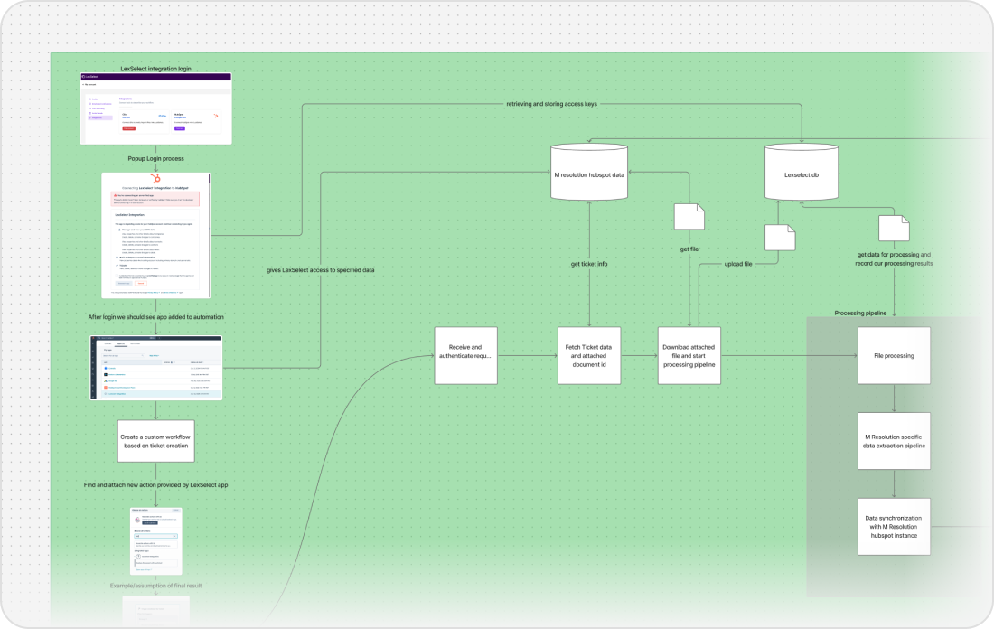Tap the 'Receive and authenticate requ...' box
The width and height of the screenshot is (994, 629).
point(466,355)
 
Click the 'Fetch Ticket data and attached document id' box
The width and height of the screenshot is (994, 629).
point(589,355)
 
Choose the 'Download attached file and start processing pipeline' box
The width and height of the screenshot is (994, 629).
point(689,355)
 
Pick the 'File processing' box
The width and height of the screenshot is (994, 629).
point(894,355)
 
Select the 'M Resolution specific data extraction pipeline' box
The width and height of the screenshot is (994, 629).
point(894,440)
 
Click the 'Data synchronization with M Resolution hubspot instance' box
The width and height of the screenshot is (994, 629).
point(894,525)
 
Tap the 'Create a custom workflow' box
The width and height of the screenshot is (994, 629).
point(156,442)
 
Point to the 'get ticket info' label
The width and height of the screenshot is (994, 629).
point(589,264)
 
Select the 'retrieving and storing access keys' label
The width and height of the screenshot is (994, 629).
point(551,104)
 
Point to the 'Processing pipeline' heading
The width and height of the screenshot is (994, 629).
point(860,314)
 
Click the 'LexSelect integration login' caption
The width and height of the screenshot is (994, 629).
point(156,68)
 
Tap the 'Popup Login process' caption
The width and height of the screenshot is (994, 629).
point(156,158)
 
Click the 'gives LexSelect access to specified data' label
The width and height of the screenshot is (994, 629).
point(321,270)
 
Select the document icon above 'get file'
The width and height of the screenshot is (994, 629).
point(689,216)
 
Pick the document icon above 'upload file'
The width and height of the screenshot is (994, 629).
point(780,237)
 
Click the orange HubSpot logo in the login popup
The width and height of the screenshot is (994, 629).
point(156,181)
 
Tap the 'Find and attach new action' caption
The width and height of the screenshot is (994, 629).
point(156,485)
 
